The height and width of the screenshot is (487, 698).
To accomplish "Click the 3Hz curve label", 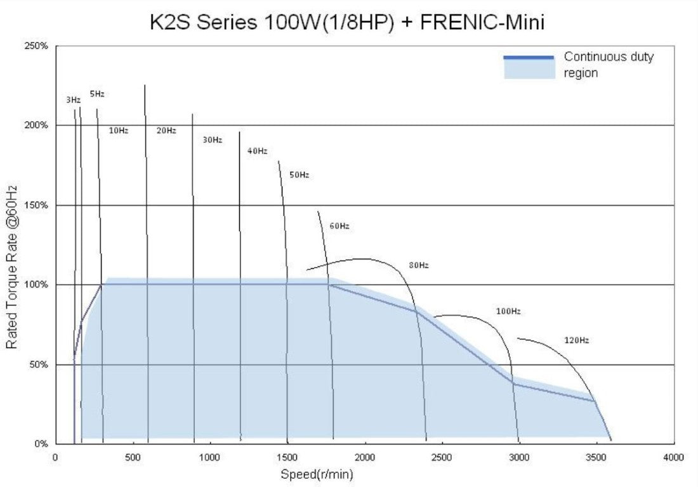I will click(x=73, y=100).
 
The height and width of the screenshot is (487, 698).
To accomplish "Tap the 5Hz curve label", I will click(x=96, y=94).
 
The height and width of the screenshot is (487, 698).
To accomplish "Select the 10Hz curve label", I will click(x=119, y=131).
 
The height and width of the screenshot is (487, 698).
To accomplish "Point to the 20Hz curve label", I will click(x=166, y=131).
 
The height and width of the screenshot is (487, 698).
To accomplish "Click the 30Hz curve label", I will click(x=212, y=140).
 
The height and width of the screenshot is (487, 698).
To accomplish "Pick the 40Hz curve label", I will click(x=257, y=151).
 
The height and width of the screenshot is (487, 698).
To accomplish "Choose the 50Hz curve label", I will click(x=299, y=174).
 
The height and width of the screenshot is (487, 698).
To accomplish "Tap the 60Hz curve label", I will click(x=339, y=226).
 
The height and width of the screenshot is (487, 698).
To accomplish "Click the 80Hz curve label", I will click(x=418, y=265).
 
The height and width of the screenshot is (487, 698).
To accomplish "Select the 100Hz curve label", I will click(x=508, y=311).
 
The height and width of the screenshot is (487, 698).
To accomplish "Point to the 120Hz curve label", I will click(x=576, y=341).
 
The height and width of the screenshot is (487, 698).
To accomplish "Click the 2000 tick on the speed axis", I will click(x=364, y=457).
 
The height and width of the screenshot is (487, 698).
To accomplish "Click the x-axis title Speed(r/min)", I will click(x=317, y=474).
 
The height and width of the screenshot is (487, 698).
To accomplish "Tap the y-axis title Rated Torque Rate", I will click(x=12, y=266).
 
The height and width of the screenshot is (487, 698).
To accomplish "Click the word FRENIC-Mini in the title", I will click(x=482, y=23).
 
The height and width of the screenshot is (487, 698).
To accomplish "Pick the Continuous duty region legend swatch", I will click(x=529, y=67).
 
